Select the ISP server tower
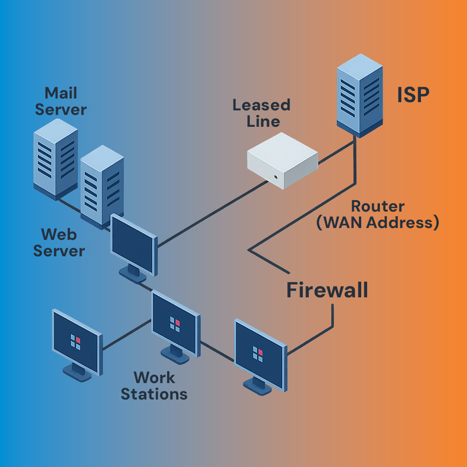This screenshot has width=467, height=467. coord(359,96)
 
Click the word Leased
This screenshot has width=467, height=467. coord(261,105)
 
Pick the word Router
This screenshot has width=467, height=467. coord(378,206)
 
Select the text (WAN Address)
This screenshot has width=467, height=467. coord(378,223)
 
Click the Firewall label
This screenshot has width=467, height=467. coord(327,290)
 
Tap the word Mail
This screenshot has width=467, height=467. coord(61,93)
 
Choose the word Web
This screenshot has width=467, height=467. coord(59,234)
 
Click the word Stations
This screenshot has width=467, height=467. coord(154,394)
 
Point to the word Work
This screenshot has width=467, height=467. coord(154,378)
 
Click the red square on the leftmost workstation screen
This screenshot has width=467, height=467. coord(78,340)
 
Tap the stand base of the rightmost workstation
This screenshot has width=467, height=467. coord(258,386)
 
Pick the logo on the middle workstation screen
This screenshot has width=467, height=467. coord(175,324)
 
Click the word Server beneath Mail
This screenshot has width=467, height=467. coord(61,110)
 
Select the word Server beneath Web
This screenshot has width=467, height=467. coord(59,251)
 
